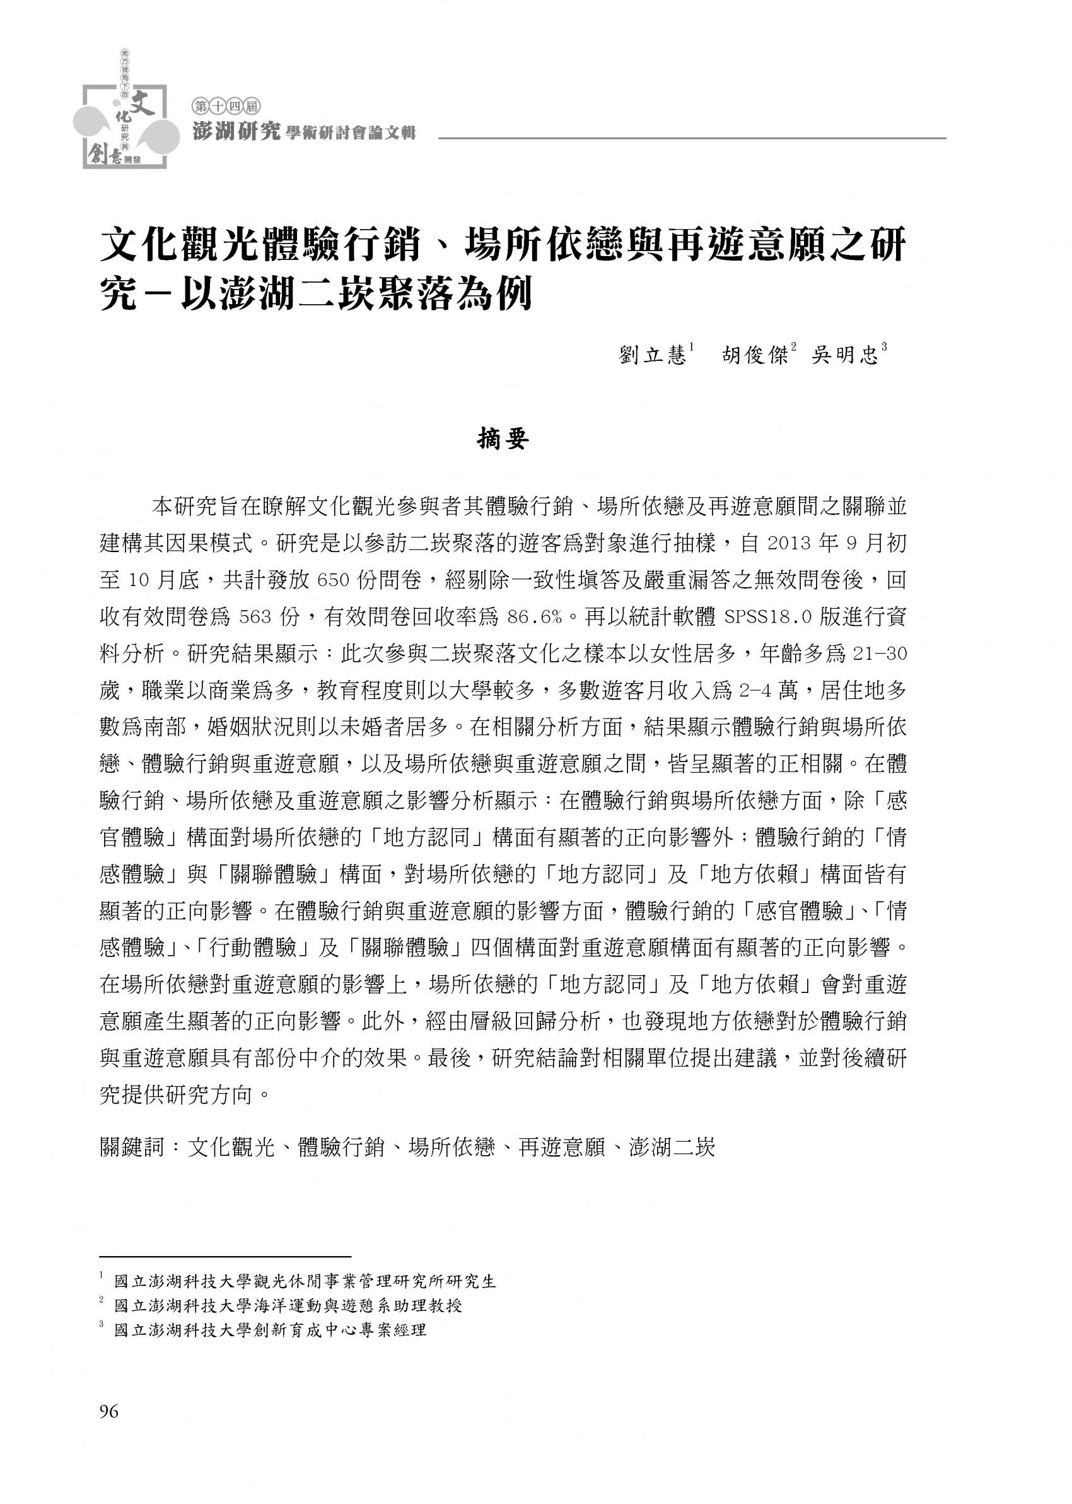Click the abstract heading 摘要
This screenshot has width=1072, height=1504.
click(x=503, y=439)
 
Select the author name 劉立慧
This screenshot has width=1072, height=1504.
click(x=653, y=356)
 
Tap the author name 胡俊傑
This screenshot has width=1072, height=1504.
click(x=755, y=356)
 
